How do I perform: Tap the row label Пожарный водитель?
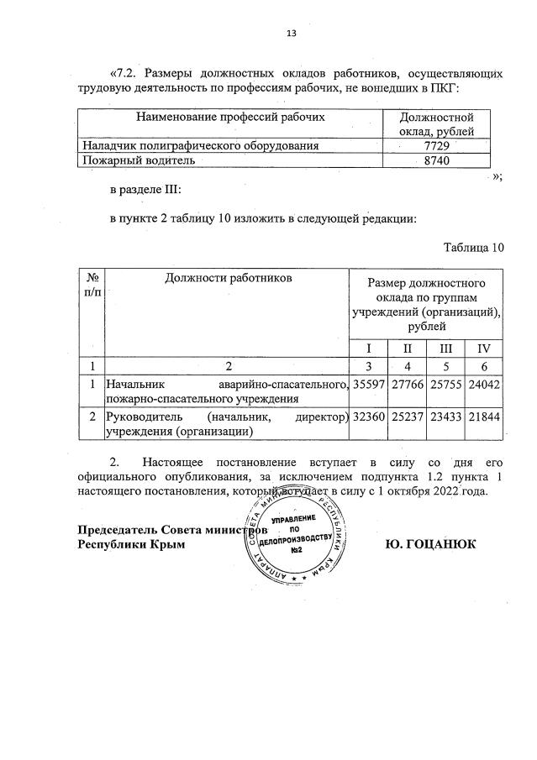tap(137, 160)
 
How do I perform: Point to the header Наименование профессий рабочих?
tap(230, 118)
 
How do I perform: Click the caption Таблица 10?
tap(473, 247)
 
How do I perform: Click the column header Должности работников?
tap(228, 276)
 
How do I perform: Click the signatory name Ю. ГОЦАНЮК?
tap(430, 543)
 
